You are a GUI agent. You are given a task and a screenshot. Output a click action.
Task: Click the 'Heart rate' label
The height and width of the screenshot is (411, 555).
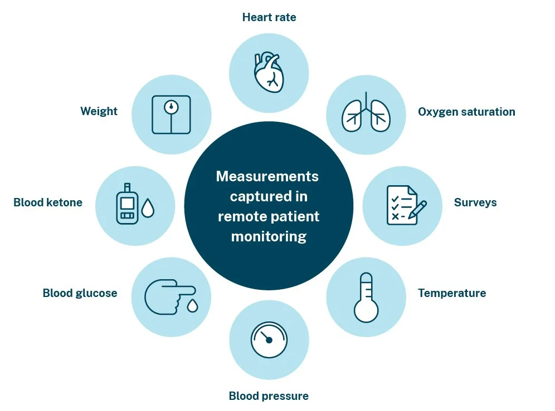click(x=269, y=17)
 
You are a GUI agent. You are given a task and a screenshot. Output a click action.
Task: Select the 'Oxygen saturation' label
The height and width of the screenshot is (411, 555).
click(x=466, y=112)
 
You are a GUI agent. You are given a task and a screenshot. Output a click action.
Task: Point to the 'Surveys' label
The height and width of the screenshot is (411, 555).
click(x=475, y=202)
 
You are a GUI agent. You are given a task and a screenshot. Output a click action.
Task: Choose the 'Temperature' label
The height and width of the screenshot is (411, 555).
click(x=452, y=293)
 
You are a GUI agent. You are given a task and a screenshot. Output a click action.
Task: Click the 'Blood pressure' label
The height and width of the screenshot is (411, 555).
click(x=269, y=396)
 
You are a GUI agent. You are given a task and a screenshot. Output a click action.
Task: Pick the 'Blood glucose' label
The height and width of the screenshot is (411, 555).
click(x=80, y=293)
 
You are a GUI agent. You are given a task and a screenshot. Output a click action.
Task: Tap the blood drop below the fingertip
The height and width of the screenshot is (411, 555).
click(x=192, y=305)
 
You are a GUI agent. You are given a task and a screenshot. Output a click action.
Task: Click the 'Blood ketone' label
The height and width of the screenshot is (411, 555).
click(x=48, y=202)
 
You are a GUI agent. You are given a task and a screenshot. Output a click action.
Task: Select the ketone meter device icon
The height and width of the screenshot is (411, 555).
click(x=127, y=204)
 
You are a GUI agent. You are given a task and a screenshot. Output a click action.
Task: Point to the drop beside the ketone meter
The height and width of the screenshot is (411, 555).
click(x=148, y=209)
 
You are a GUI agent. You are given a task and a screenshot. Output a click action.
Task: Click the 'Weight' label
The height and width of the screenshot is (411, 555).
click(x=99, y=111)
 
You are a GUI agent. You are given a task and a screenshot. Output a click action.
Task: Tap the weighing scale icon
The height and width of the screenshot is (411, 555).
click(x=171, y=114)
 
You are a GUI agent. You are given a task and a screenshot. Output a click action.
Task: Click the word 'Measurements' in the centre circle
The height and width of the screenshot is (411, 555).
click(x=267, y=176)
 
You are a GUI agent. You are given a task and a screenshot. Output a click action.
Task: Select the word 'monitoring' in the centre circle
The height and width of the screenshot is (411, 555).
click(x=269, y=236)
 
